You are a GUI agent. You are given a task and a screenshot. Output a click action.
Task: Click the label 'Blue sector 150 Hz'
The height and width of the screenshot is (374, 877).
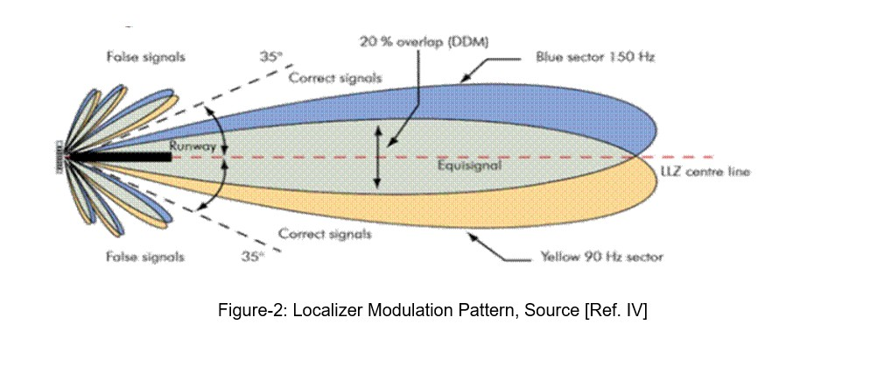coord(595,58)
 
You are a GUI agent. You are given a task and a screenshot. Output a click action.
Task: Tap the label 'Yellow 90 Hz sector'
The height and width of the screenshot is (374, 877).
coord(598,257)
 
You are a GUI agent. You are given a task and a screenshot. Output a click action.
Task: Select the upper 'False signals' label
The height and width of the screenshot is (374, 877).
coord(144,58)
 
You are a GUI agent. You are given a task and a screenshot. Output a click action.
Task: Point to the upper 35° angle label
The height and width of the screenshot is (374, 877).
coord(271,57)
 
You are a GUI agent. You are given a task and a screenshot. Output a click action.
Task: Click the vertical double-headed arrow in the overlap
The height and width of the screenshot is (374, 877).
coord(378,157)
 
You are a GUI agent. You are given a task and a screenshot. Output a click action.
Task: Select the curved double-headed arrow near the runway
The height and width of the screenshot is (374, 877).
coord(225,158)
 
